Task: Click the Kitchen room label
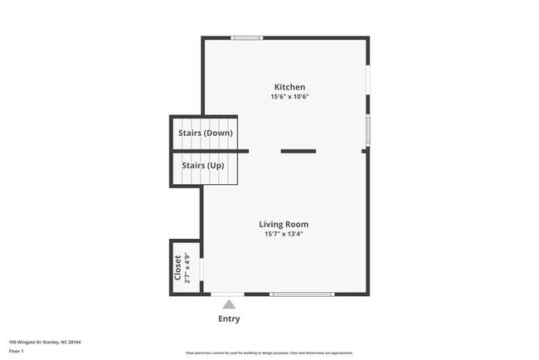tap(290, 87)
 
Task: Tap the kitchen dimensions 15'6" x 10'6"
tap(290, 97)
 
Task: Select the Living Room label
tap(284, 224)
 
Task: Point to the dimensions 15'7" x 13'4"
tap(284, 234)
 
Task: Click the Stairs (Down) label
tap(205, 133)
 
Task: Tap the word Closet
tap(177, 266)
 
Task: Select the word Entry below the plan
tap(229, 319)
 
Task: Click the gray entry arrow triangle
tap(229, 304)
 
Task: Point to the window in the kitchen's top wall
tap(247, 37)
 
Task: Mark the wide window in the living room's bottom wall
tap(302, 294)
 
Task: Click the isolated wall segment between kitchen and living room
tap(298, 151)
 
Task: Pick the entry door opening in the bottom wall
tap(227, 294)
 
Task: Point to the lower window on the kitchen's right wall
tap(367, 130)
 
